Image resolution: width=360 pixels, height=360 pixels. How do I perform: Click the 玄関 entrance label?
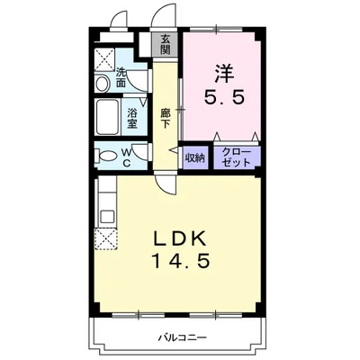tap(166, 44)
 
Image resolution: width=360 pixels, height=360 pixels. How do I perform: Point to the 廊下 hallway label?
tap(166, 120)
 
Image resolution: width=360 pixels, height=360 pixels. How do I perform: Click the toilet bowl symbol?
tap(109, 156)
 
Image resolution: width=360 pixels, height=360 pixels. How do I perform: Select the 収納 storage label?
tap(195, 157)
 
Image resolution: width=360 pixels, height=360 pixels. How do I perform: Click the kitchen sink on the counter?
tap(105, 216)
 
